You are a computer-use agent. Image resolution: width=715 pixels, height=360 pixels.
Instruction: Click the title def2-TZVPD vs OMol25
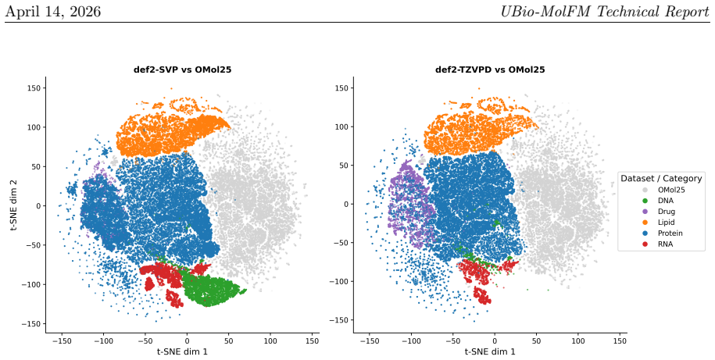490,70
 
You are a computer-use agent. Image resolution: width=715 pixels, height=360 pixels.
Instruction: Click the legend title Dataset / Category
661,178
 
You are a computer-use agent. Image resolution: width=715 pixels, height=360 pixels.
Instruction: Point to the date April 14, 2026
53,11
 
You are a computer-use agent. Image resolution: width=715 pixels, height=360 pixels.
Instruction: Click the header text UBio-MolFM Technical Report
605,11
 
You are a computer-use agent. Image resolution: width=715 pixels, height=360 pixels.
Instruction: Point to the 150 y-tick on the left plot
35,88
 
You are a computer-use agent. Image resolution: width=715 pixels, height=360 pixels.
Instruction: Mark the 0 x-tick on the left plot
187,340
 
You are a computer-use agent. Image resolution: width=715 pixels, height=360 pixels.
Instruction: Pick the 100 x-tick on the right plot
578,340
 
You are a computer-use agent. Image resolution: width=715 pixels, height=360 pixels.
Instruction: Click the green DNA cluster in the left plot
211,290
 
